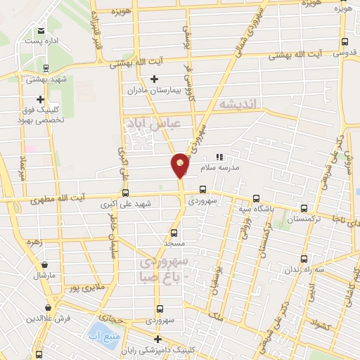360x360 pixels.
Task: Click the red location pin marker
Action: [181, 165]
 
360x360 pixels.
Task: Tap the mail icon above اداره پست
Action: [42, 30]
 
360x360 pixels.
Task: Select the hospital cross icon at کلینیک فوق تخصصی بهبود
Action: [41, 100]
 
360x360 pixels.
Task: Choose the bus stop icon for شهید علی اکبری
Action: [126, 193]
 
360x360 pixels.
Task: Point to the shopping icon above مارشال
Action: [46, 265]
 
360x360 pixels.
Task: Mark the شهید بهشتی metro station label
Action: [46, 79]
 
